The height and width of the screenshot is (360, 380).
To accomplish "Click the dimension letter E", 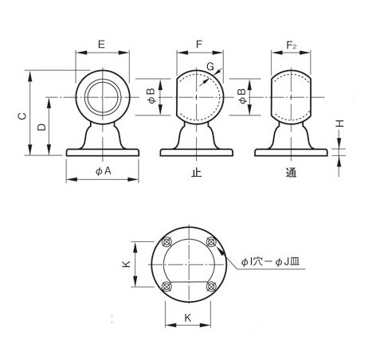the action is tap(101, 44).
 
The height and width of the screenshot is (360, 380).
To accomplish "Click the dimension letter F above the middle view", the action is tap(199, 44).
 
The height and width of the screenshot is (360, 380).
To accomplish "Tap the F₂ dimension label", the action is tap(291, 45).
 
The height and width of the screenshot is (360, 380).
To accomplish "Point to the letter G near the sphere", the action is tap(210, 66).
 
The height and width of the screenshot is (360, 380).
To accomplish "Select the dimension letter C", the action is tap(22, 116).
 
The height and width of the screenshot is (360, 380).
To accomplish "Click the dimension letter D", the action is tap(41, 127).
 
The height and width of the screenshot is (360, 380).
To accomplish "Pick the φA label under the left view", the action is tap(104, 171).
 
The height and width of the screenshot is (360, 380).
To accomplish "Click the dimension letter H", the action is tap(340, 123).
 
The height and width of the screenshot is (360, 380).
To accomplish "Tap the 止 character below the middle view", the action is tap(197, 173).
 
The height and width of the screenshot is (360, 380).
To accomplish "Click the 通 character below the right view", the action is tap(291, 173).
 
